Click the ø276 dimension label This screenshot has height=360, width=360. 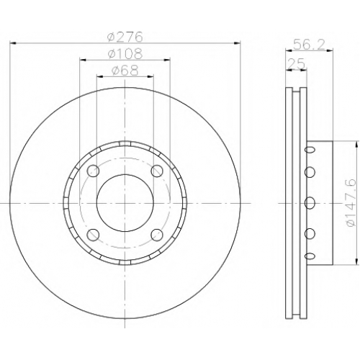pos(125,37)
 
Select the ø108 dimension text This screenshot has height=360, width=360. pos(125,54)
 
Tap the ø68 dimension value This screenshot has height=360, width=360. pos(125,71)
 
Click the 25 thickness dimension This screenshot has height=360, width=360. pos(296,63)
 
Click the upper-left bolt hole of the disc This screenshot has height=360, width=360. pos(93,171)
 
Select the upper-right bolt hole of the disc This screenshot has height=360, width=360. pos(157,171)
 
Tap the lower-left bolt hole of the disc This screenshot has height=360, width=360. pos(93,235)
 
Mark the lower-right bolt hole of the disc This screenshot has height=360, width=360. pos(157,235)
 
